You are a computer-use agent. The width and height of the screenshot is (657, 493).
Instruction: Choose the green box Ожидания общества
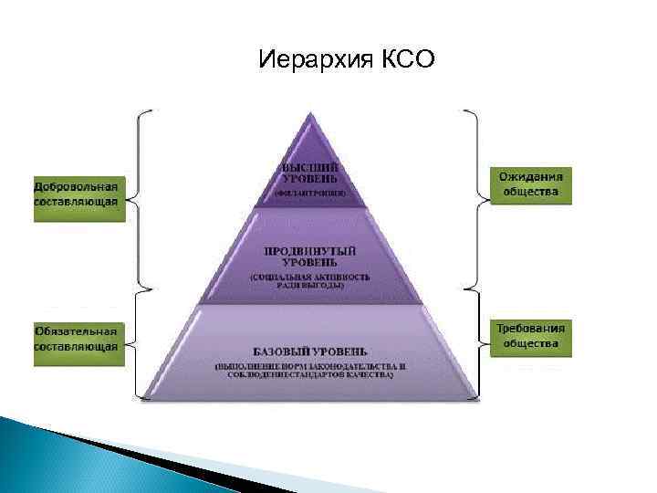pos(530,185)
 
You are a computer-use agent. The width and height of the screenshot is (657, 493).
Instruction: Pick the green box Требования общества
pos(530,335)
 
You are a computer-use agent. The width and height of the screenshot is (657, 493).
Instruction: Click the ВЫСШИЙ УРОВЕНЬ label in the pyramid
pos(311,174)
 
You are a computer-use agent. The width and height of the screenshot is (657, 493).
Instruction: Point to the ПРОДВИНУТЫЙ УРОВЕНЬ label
pos(310,255)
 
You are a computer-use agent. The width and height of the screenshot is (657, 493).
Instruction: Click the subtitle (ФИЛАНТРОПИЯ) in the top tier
pos(311,194)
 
